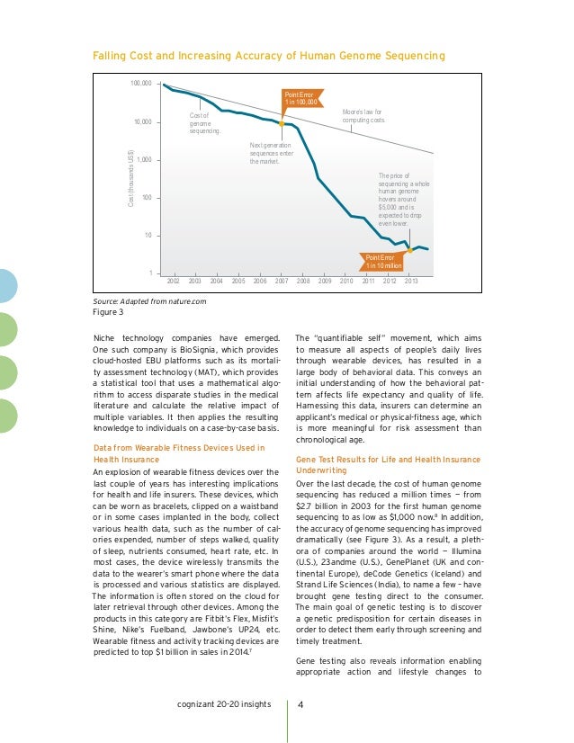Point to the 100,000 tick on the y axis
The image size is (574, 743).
click(139, 85)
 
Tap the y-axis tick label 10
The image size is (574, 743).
click(146, 235)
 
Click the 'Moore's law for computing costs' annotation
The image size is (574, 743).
click(364, 116)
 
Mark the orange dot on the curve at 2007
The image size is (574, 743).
click(282, 122)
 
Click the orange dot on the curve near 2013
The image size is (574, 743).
click(410, 250)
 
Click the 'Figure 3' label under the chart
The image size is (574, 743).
click(109, 313)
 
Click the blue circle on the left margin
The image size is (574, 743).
click(6, 286)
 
